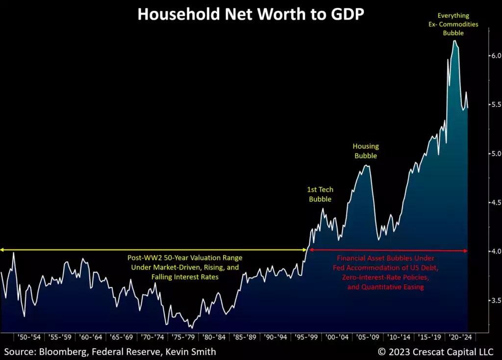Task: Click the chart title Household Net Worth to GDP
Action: click(x=251, y=14)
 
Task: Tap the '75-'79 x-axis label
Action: click(x=183, y=337)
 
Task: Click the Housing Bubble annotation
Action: click(x=366, y=151)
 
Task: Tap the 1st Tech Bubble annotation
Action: click(x=319, y=194)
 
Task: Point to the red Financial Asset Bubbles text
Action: click(x=385, y=272)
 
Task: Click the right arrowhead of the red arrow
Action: click(x=466, y=251)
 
